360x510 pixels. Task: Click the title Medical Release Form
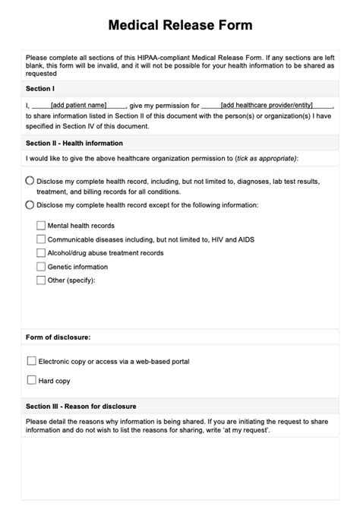[x=180, y=25]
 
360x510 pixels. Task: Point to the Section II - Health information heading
[x=74, y=143]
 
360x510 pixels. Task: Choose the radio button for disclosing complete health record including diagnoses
[x=30, y=182]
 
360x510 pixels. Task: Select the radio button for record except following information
[x=30, y=204]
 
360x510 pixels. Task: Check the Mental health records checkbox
[x=41, y=226]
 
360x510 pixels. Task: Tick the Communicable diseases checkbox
[x=41, y=239]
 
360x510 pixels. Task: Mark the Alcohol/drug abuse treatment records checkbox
[x=41, y=253]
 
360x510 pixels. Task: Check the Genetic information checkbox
[x=41, y=267]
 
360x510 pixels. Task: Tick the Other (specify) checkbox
[x=41, y=280]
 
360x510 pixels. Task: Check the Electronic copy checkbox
[x=31, y=361]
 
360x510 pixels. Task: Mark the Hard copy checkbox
[x=31, y=379]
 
